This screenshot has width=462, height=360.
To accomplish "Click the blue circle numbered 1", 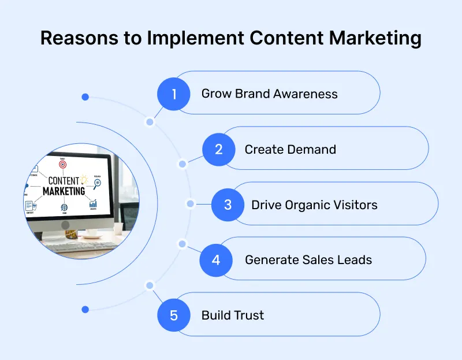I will click(x=174, y=93).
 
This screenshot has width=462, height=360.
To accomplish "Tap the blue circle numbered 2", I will click(x=219, y=149).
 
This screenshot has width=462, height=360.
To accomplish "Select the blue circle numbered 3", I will click(x=228, y=205).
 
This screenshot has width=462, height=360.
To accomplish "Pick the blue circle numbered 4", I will click(x=216, y=259).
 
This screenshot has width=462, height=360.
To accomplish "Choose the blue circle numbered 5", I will click(x=174, y=316).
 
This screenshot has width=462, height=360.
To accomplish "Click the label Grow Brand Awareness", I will click(x=269, y=94).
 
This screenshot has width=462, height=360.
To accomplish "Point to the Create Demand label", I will click(x=290, y=149).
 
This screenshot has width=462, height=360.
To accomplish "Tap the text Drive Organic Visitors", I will click(x=314, y=205).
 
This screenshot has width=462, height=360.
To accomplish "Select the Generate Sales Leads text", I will click(x=308, y=260).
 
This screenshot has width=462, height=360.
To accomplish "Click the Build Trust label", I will click(x=232, y=316).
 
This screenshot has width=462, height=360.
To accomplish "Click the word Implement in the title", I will click(x=197, y=39).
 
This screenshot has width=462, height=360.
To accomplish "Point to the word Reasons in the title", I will click(x=79, y=39).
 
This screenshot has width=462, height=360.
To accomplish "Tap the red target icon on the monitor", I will click(x=62, y=165).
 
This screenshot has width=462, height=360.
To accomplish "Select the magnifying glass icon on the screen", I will click(x=97, y=183).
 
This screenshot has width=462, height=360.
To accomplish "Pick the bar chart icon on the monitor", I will click(x=92, y=203).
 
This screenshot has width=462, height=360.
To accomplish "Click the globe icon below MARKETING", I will click(x=63, y=207).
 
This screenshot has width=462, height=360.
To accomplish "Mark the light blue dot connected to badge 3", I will click(x=191, y=204).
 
